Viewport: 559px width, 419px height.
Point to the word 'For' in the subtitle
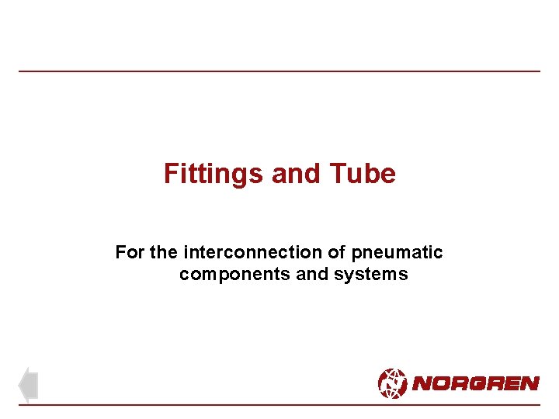click(129, 252)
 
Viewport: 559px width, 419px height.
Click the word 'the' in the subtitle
click(164, 252)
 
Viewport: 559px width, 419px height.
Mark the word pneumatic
click(397, 252)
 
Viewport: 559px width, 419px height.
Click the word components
click(227, 274)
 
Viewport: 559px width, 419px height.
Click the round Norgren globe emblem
click(392, 383)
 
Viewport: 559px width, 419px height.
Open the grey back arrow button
click(28, 385)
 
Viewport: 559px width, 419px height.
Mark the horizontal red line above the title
click(279, 71)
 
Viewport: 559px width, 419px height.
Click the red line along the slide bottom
click(279, 405)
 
